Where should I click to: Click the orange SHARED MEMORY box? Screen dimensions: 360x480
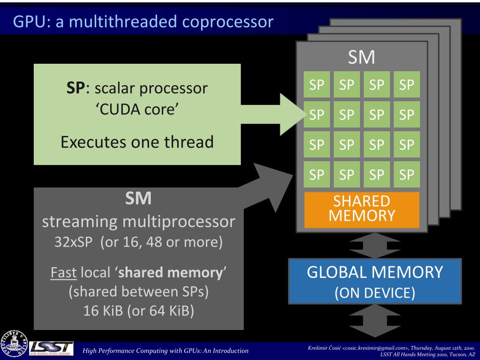(x=361, y=209)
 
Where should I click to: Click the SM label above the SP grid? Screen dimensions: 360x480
(x=361, y=58)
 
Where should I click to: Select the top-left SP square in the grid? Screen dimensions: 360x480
(x=317, y=85)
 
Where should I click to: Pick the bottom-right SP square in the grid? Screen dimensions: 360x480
(x=406, y=174)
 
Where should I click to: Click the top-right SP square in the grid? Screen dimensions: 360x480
(x=406, y=85)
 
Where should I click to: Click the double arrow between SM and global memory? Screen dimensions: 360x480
(x=375, y=245)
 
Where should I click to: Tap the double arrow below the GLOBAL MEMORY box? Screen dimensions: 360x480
(x=375, y=320)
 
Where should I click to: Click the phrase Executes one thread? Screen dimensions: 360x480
(x=137, y=141)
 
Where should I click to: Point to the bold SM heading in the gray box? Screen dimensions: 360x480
(x=138, y=199)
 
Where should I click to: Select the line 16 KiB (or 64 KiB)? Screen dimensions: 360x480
(x=138, y=311)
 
